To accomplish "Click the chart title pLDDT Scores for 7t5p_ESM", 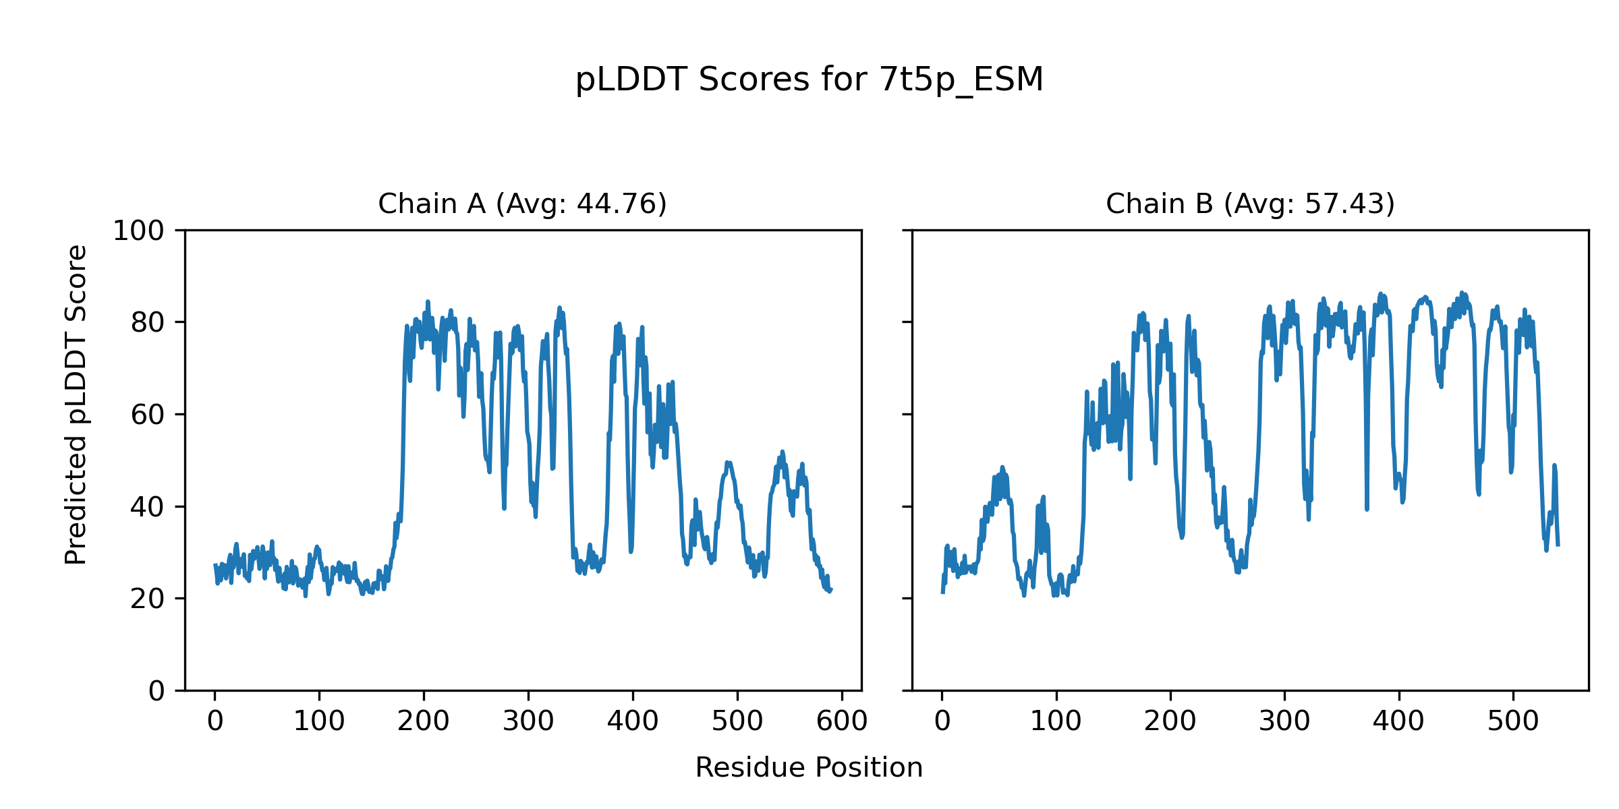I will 809,80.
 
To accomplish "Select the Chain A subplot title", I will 522,204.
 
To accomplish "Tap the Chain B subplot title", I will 1250,204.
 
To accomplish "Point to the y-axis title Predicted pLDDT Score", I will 76,404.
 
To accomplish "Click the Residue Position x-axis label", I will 809,768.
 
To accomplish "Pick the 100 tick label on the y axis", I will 138,231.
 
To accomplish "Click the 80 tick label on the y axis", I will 148,323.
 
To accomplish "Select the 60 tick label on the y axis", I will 148,415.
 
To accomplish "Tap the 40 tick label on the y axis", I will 148,507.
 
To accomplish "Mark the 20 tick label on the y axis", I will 148,599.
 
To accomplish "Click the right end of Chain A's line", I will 831,591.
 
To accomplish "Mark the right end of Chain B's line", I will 1558,545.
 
